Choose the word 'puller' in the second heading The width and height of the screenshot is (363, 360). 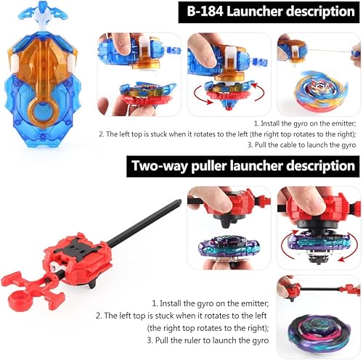[x=212, y=165]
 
